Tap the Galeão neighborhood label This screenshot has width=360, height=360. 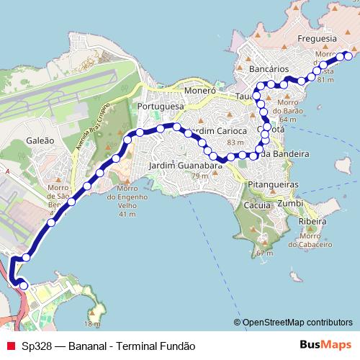[x=40, y=141]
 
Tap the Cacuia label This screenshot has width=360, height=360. [x=257, y=205]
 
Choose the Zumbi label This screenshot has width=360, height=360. [x=290, y=204]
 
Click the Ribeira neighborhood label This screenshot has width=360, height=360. [x=312, y=222]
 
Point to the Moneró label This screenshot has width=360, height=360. [x=199, y=91]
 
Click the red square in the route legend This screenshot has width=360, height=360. [x=10, y=346]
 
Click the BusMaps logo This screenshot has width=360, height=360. [x=324, y=345]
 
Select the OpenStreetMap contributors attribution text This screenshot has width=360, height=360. [x=297, y=323]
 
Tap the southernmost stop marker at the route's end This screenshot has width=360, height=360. [x=24, y=286]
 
